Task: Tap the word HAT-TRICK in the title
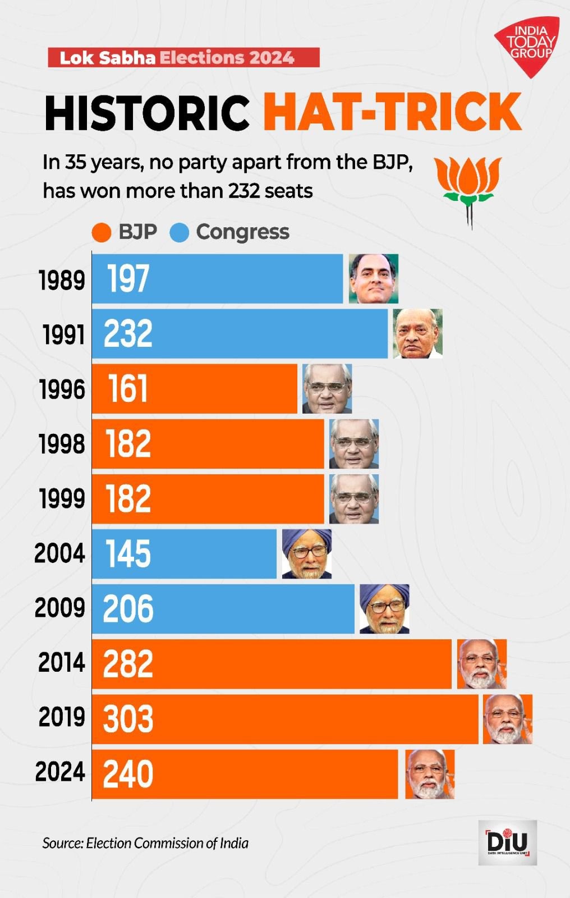(392, 112)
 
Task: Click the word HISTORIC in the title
(147, 113)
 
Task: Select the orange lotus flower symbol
(468, 185)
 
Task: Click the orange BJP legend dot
(102, 232)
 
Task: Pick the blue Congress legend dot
(180, 232)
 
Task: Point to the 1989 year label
(62, 280)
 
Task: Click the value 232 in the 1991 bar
(128, 334)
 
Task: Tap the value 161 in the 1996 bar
(128, 389)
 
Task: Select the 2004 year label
(60, 553)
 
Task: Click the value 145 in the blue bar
(128, 554)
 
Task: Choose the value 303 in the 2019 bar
(128, 719)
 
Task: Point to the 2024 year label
(60, 772)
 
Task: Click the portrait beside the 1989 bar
(374, 279)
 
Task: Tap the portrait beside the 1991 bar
(417, 333)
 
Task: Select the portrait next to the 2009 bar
(384, 609)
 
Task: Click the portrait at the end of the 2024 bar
(430, 774)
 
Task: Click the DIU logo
(508, 842)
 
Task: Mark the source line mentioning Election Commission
(145, 843)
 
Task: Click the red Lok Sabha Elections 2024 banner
(183, 58)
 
